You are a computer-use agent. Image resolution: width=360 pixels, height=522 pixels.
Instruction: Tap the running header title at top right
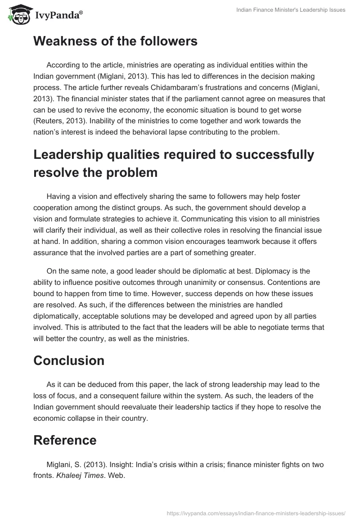coord(291,10)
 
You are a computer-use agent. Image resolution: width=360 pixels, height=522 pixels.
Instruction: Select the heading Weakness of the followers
coord(115,41)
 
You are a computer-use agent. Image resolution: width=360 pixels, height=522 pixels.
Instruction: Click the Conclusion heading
coord(69,360)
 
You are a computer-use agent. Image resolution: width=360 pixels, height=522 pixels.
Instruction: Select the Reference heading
coord(65,440)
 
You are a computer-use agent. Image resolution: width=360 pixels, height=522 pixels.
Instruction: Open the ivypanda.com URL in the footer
coord(256,513)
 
